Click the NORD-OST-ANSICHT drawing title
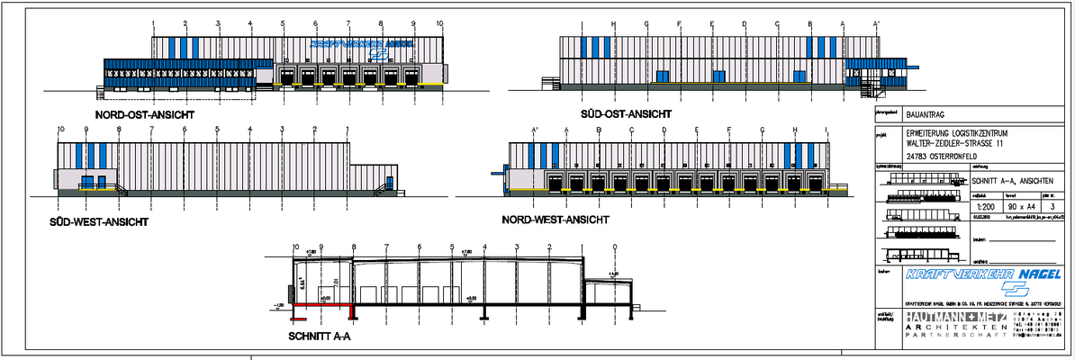(145, 115)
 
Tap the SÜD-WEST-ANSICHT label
(100, 220)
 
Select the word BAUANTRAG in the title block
(925, 114)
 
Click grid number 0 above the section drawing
(615, 247)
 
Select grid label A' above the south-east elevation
(875, 23)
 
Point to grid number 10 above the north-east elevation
(439, 23)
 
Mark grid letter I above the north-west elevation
(827, 130)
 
